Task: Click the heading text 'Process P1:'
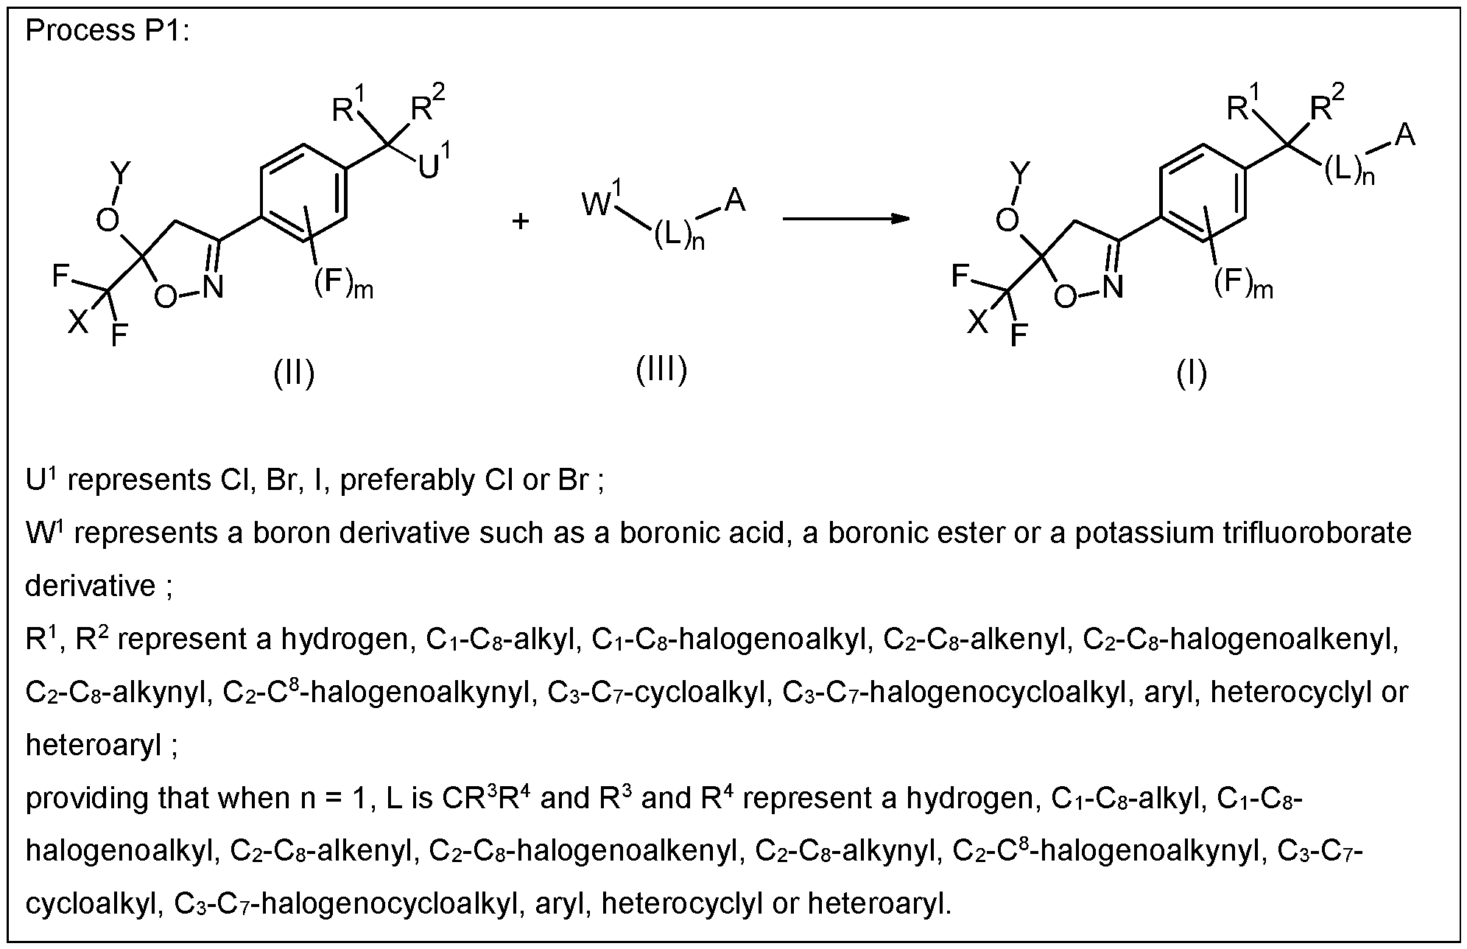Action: coord(108,32)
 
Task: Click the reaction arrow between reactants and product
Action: coord(846,219)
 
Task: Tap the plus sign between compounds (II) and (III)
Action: coord(521,221)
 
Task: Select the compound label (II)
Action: coord(294,374)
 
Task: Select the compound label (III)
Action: coord(661,369)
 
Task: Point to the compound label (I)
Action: coord(1191,374)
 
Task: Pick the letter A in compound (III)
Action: coord(735,200)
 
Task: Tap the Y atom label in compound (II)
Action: coord(121,175)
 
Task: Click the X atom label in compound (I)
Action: coord(978,321)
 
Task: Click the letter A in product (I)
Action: coord(1405,135)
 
